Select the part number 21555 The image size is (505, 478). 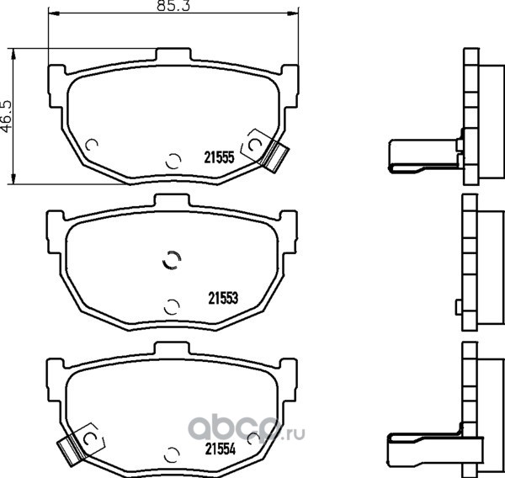(219, 155)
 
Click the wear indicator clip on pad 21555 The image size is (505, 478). (271, 155)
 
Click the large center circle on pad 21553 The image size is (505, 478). (171, 261)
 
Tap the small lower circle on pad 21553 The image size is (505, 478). (173, 305)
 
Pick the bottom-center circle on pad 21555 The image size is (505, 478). (173, 160)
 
